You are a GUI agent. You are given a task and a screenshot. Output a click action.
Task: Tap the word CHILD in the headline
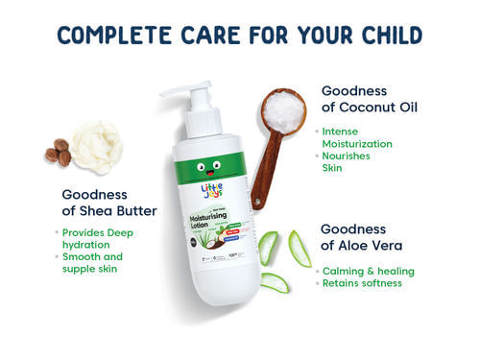(381, 36)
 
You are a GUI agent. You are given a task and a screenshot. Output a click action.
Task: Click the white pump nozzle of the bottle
(183, 90)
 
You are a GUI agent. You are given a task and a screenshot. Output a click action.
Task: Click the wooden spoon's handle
(260, 174)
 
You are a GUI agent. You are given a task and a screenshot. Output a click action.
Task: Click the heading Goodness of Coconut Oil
(375, 98)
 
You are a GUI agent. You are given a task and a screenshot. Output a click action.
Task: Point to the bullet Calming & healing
(368, 271)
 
